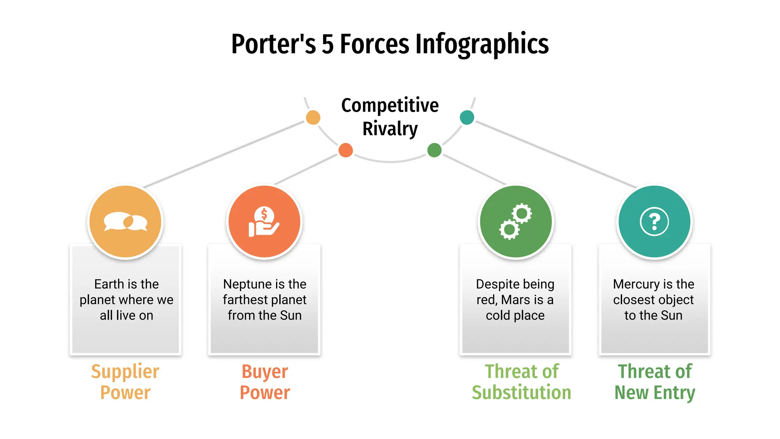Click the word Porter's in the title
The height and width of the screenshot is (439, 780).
(273, 44)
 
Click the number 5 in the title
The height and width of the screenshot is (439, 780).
(328, 44)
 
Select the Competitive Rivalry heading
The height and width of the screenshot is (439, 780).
(390, 117)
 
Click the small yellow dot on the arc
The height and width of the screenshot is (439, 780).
(313, 117)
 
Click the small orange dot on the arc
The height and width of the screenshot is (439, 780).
(345, 150)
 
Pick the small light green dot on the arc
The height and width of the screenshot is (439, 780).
(434, 150)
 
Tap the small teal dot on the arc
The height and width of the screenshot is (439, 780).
(467, 117)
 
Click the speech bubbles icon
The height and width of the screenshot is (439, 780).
(126, 221)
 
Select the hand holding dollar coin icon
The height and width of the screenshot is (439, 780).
(264, 222)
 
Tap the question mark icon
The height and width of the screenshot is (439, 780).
(654, 222)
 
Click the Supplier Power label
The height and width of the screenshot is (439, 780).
(125, 382)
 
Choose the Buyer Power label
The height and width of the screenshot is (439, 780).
(265, 382)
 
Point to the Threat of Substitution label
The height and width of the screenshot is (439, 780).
(521, 382)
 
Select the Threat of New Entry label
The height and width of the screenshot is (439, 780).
(655, 382)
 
